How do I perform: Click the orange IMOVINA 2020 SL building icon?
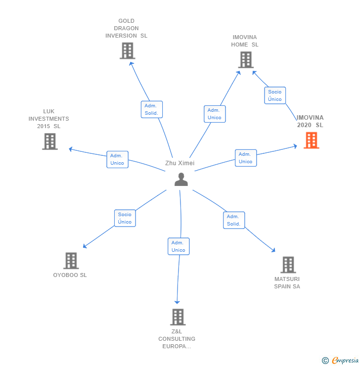pos(311,140)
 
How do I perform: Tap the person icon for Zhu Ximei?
pos(181,180)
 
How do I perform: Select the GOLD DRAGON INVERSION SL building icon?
pos(127,51)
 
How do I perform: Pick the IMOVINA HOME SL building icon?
pos(245,60)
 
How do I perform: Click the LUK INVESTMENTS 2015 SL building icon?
pos(49,141)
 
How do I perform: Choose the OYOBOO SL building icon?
pos(71,261)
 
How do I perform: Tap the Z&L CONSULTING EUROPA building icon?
pos(177,317)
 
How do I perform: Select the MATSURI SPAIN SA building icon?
pos(288,265)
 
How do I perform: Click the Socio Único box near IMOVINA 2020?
pos(275,95)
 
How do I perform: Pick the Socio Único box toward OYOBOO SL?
pos(125,218)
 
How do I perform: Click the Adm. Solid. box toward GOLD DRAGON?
pos(151,109)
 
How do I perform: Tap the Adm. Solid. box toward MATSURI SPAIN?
pos(233,220)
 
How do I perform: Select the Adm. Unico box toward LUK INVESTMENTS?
pos(117,159)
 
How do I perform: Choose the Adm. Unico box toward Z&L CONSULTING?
pos(178,246)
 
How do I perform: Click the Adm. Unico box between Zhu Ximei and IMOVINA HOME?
pos(214,114)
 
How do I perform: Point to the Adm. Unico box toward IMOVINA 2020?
pos(245,158)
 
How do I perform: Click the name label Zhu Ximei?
pos(180,163)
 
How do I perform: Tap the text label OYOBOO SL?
pos(70,275)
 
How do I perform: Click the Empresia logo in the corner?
pos(341,361)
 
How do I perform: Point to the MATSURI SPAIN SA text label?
pos(287,283)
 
